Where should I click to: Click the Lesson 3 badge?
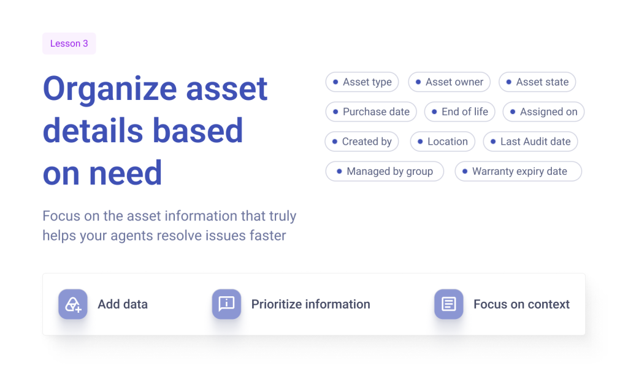(x=69, y=44)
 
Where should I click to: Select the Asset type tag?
(x=362, y=82)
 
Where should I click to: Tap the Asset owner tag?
(x=450, y=82)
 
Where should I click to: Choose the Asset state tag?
(x=537, y=82)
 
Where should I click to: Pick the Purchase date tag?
(x=371, y=112)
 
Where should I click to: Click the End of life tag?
(x=460, y=112)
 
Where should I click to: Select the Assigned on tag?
(x=543, y=112)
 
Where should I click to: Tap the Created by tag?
(x=362, y=141)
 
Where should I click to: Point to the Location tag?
(x=443, y=141)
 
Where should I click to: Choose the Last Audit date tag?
(x=530, y=141)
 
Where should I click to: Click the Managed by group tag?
(x=385, y=171)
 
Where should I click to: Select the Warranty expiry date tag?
(x=518, y=171)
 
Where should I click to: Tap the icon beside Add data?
(x=73, y=304)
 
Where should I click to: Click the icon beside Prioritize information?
(x=226, y=304)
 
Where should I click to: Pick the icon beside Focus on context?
(x=448, y=304)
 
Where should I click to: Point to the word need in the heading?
(x=125, y=174)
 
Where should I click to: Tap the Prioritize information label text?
(x=311, y=304)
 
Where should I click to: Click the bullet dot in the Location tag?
(x=420, y=141)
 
